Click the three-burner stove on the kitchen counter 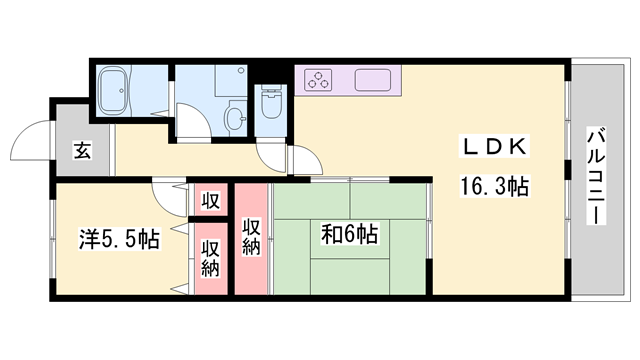tap(321, 79)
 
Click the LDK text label tap(492, 147)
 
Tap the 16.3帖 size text tap(494, 186)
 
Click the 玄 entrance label tap(81, 152)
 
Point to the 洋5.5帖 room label tap(119, 240)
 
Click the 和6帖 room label tap(349, 234)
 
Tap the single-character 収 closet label tap(211, 199)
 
